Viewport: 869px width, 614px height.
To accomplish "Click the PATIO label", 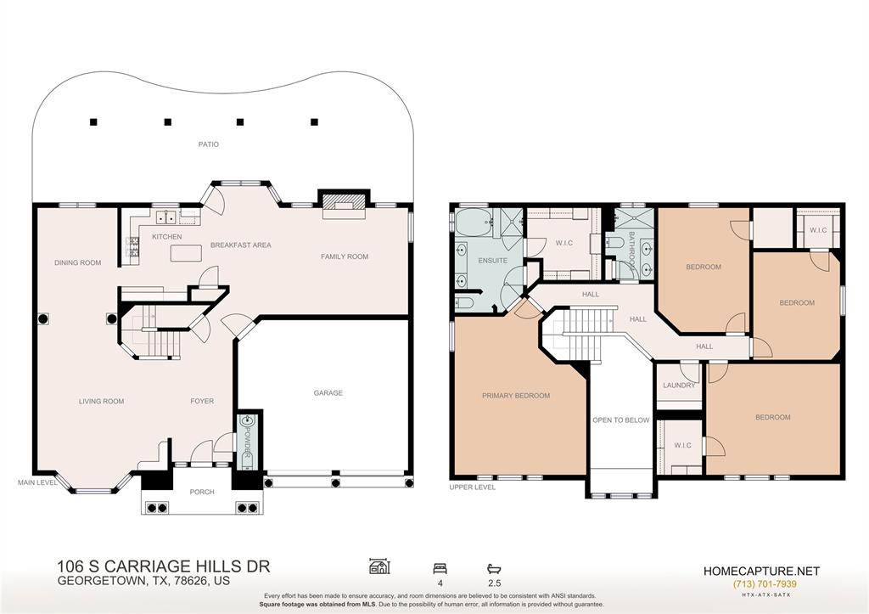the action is tap(209, 144).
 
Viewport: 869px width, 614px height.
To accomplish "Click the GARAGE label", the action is tap(328, 392).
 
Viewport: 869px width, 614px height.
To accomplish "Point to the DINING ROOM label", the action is tap(77, 263).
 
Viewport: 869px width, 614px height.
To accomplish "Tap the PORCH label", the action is tap(202, 492).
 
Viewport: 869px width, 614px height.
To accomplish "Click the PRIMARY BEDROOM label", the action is tap(516, 396).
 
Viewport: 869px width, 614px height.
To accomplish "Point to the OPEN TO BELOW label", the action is tap(620, 420).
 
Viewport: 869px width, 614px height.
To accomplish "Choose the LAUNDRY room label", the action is tap(679, 385).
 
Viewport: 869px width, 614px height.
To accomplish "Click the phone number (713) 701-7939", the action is tap(765, 583).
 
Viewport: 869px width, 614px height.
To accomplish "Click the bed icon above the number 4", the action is tap(440, 568).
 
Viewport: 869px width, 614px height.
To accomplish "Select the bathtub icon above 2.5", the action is tap(494, 568).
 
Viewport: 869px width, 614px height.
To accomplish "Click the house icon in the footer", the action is tap(379, 566).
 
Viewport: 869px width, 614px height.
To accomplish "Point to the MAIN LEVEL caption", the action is tap(37, 482).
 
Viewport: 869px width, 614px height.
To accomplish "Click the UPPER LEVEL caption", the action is tap(472, 487).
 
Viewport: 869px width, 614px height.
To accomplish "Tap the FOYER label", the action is tap(202, 401).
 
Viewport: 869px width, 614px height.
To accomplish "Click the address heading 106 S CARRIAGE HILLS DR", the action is tap(164, 566).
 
